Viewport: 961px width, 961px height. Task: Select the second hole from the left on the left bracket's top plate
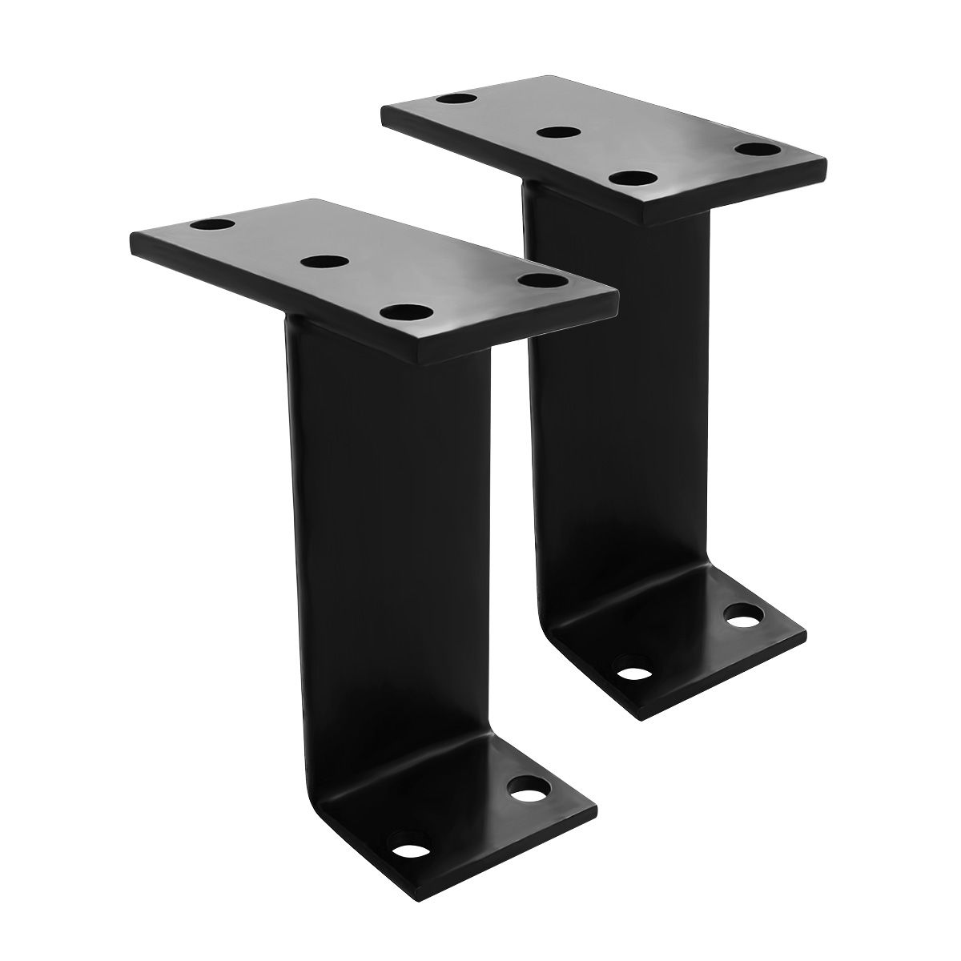tap(324, 261)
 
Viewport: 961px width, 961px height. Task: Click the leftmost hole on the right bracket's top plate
tap(456, 100)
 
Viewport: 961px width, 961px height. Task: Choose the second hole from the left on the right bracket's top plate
tap(559, 131)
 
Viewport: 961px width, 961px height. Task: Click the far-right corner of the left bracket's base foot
tap(597, 804)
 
